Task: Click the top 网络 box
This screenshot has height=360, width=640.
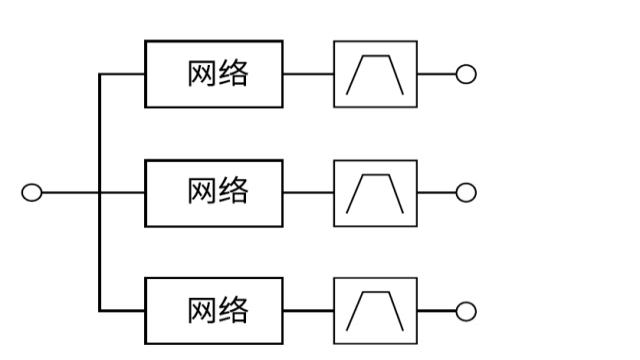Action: (x=214, y=74)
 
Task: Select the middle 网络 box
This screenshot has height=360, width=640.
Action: (x=214, y=193)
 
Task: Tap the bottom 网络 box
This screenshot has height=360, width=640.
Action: (x=214, y=311)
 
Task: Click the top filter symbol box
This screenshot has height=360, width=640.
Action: (x=375, y=74)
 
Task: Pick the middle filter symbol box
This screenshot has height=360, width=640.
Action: (x=375, y=193)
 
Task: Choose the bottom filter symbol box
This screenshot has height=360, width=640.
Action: (x=375, y=311)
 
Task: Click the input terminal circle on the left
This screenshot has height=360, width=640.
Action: (x=32, y=193)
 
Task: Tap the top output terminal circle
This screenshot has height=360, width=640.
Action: (x=465, y=74)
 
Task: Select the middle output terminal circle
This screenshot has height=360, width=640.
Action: (x=465, y=193)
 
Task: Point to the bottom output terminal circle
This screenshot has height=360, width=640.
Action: (x=465, y=312)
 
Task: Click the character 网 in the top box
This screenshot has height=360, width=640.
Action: (x=200, y=74)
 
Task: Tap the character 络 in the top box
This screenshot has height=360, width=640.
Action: (x=232, y=74)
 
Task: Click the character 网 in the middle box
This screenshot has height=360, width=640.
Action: (x=200, y=192)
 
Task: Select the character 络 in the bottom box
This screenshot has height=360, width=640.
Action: (x=232, y=311)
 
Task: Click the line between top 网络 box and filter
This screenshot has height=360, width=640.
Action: (x=308, y=74)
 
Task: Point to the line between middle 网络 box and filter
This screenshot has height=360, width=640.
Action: (x=308, y=193)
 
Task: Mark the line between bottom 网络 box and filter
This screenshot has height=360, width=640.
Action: (x=308, y=311)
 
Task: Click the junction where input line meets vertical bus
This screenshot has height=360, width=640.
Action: (x=100, y=193)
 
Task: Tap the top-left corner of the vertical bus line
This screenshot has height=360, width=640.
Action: (x=100, y=74)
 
